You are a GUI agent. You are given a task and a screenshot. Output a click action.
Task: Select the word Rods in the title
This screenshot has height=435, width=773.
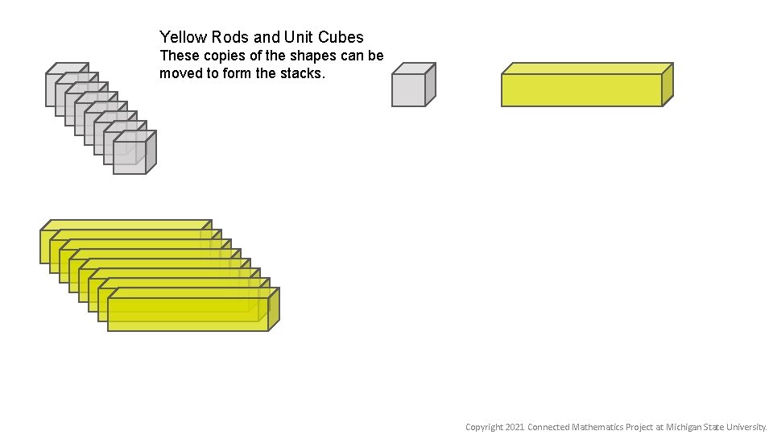coord(230,37)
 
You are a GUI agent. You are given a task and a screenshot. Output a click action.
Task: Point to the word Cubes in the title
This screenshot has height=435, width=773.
coord(341,37)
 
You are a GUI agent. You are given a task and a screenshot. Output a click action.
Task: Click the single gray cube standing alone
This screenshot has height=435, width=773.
coord(409,89)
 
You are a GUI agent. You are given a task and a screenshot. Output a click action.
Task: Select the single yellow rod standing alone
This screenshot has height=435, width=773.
coord(581,89)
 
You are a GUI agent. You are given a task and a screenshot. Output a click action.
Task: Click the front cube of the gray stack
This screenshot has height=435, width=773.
coord(130,157)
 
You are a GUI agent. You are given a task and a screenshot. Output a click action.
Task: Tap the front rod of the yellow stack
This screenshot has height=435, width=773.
coord(188,314)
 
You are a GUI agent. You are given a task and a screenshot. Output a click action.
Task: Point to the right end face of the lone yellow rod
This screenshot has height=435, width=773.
coord(668,84)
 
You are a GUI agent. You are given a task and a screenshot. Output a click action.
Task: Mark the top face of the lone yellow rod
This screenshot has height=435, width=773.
coord(587,68)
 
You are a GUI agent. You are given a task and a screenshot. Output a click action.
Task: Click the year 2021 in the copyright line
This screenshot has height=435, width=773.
coord(515,427)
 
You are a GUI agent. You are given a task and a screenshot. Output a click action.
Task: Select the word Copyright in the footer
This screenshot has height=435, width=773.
coord(484,427)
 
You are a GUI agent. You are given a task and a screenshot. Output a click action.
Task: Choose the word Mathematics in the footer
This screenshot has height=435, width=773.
coord(597,427)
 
